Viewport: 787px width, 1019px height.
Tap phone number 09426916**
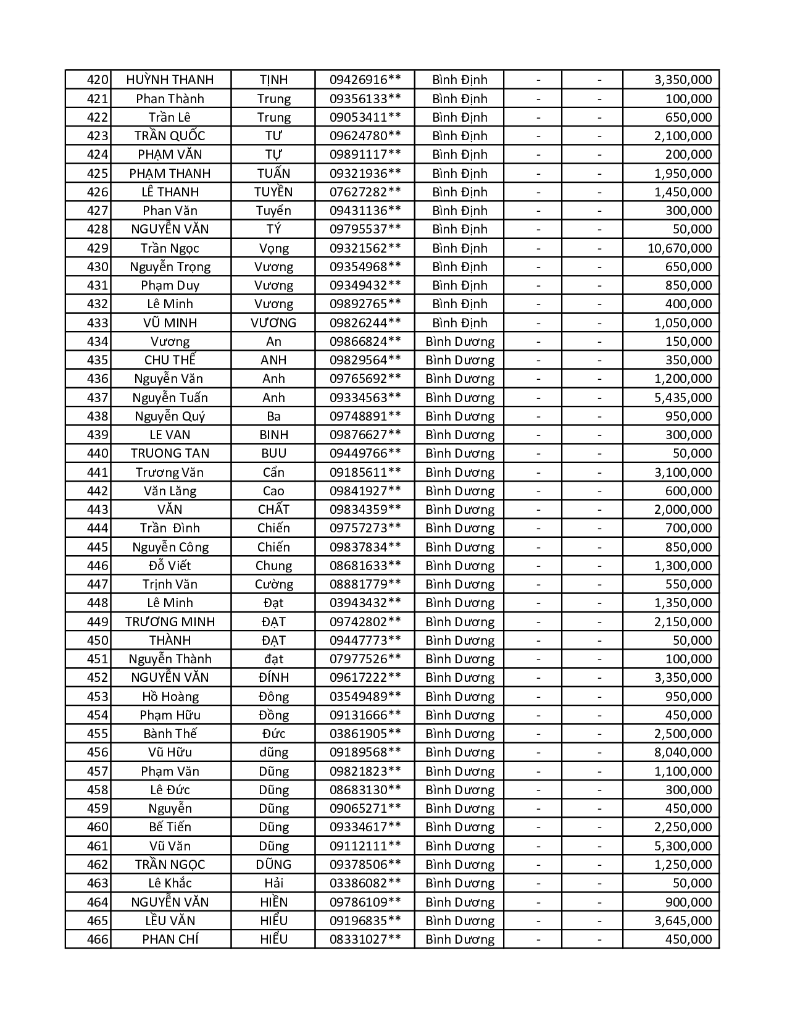tap(365, 80)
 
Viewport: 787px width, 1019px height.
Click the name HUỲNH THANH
tap(170, 80)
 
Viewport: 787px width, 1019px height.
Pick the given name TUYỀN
tap(273, 192)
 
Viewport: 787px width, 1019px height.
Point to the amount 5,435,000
tap(683, 398)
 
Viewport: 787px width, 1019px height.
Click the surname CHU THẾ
tap(170, 360)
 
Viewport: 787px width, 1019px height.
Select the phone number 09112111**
tap(365, 846)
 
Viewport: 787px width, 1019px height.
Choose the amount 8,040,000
tap(683, 752)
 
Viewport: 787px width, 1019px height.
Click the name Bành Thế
tap(170, 734)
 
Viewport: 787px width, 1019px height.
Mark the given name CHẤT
tap(273, 509)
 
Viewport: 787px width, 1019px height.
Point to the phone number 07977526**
tap(365, 659)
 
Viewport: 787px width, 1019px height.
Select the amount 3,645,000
tap(683, 921)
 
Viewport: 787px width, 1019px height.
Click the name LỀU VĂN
tap(170, 921)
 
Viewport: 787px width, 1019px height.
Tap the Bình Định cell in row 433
tap(459, 323)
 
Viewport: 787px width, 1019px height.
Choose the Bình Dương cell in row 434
tap(460, 342)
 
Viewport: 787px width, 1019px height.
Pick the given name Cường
tap(273, 584)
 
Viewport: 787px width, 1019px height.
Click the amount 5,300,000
tap(683, 846)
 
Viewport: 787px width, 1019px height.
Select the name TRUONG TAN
tap(170, 453)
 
